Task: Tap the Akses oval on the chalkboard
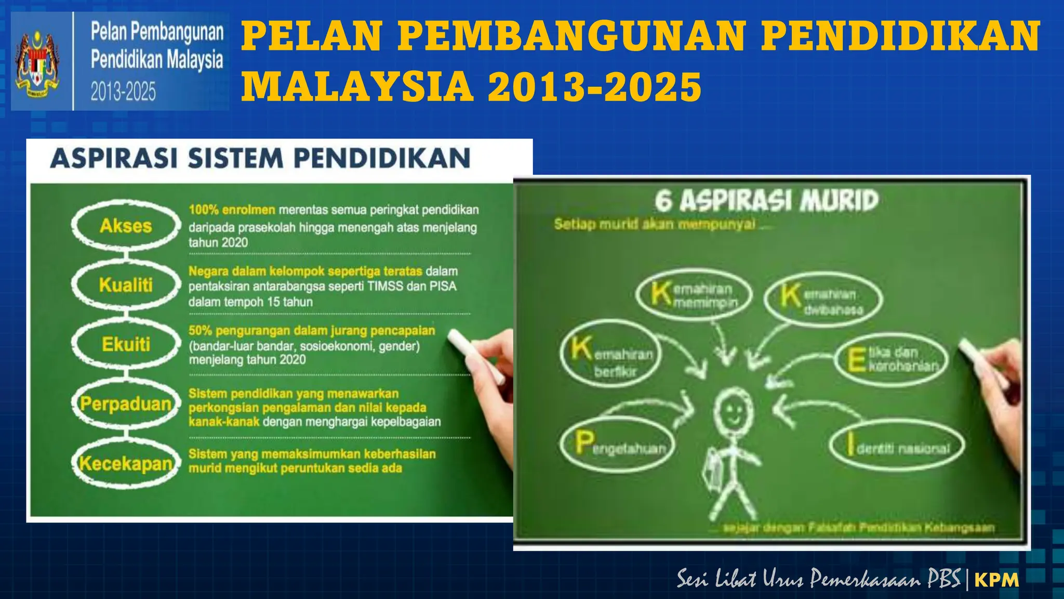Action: click(126, 226)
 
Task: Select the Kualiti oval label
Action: click(126, 285)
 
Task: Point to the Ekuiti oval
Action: click(126, 344)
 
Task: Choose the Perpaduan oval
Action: click(126, 403)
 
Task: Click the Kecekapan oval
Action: click(126, 463)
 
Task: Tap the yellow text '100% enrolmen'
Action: click(232, 210)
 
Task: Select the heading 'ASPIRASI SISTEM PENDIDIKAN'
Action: click(260, 159)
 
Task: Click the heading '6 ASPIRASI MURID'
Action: click(766, 201)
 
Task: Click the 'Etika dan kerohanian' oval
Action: click(892, 359)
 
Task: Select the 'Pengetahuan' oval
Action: click(617, 445)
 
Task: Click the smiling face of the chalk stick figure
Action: click(733, 410)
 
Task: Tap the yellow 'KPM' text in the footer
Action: click(996, 580)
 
